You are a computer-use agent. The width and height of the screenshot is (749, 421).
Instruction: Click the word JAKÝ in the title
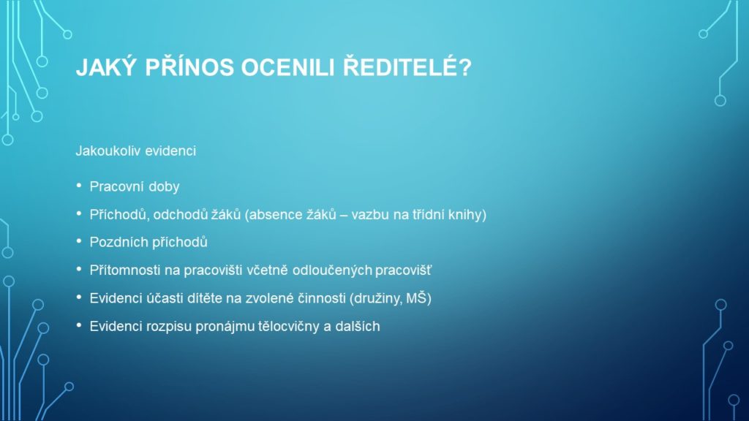click(x=105, y=67)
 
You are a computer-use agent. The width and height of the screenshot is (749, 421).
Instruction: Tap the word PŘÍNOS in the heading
click(x=189, y=67)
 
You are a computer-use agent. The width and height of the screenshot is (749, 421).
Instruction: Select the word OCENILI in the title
click(x=287, y=67)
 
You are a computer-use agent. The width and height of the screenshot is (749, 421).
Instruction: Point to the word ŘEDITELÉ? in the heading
click(x=407, y=67)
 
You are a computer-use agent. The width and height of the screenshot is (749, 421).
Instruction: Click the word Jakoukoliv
click(x=108, y=151)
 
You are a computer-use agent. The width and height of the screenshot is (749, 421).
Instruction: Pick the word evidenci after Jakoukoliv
click(x=170, y=151)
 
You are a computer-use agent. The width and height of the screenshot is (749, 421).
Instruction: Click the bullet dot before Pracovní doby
click(x=79, y=185)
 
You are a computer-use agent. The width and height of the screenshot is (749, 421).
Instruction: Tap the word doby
click(x=164, y=186)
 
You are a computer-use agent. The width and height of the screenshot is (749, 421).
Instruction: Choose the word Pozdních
click(x=116, y=242)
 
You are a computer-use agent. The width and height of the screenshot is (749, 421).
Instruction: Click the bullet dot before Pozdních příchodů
click(x=79, y=241)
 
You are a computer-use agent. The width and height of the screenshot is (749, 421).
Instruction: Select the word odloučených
click(x=332, y=270)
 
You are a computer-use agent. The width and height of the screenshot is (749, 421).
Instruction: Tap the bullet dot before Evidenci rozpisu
click(x=79, y=325)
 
